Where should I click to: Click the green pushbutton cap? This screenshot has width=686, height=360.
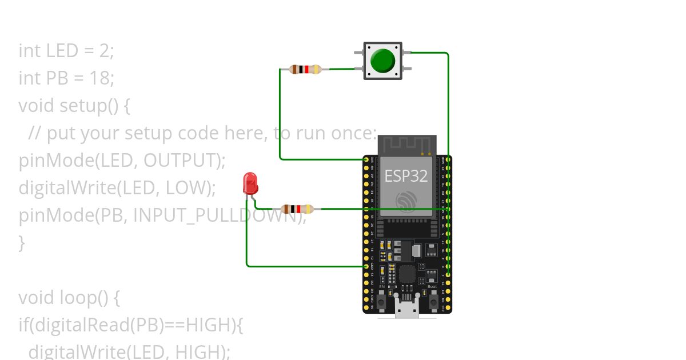(383, 61)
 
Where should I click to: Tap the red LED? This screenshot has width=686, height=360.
(250, 183)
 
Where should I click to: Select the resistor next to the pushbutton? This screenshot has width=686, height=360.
(306, 70)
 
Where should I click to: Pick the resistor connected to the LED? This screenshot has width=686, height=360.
(297, 209)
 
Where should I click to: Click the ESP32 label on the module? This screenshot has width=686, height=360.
(406, 176)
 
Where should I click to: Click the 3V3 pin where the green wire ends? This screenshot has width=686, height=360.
(366, 159)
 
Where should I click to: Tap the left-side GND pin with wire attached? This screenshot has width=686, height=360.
(366, 266)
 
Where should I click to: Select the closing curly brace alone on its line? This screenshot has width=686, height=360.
(22, 243)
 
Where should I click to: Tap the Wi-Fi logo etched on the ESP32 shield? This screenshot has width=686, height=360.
(406, 201)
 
